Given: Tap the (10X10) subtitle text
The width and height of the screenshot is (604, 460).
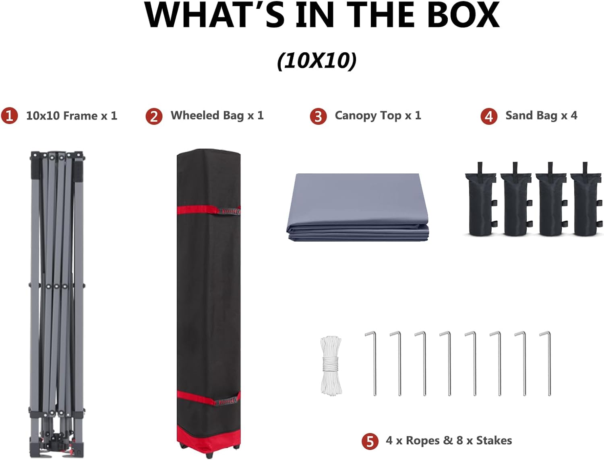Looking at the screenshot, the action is [317, 61].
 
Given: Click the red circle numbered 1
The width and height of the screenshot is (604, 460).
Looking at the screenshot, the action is [9, 116].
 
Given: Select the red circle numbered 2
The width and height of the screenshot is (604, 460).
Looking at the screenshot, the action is [154, 116].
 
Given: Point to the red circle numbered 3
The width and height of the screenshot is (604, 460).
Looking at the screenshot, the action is [318, 116].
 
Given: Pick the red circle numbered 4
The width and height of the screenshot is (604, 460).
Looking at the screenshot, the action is [489, 116].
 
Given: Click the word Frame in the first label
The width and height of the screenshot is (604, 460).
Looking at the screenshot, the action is [81, 116].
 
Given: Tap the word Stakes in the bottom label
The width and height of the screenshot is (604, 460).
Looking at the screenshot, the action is [494, 440].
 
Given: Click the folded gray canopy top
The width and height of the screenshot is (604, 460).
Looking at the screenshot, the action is [358, 207].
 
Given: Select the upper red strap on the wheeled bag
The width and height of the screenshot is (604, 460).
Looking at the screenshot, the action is [209, 210].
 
